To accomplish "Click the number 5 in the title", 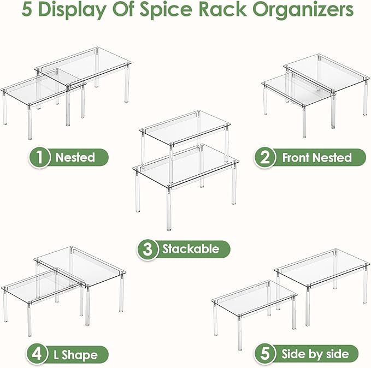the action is point(26,9).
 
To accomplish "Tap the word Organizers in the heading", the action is point(303,10).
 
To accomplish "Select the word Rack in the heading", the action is point(223,9).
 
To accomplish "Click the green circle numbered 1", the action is point(39,157).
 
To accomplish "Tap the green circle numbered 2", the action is point(264,157).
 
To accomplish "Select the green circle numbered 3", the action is point(148,250).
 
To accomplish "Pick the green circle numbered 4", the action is point(37,354).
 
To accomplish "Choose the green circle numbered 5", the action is point(265,354).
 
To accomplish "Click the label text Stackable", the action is point(191,249).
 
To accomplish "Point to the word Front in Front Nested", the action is point(297,157).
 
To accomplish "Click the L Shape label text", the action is point(75,355).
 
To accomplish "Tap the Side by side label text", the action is point(315,354).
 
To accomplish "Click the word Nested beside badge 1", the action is point(75,157).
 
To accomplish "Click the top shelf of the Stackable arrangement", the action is point(185,128).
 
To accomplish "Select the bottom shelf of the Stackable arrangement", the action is point(186,165).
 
